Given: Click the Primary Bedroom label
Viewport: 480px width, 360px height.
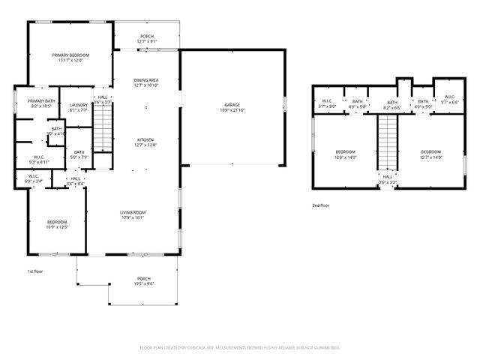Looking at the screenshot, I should [70, 55].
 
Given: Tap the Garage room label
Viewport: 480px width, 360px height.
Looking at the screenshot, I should [232, 104].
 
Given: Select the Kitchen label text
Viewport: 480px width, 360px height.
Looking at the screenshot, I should [145, 139].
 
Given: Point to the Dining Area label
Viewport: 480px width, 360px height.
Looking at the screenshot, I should [145, 80].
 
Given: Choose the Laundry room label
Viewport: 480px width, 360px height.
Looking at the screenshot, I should [79, 105].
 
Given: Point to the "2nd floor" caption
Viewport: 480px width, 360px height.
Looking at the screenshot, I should [321, 205].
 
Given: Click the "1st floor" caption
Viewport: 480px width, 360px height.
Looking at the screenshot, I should [36, 271].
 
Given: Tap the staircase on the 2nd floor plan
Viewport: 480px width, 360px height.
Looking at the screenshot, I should [385, 143].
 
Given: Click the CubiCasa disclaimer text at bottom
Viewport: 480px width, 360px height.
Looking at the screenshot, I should [240, 347].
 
